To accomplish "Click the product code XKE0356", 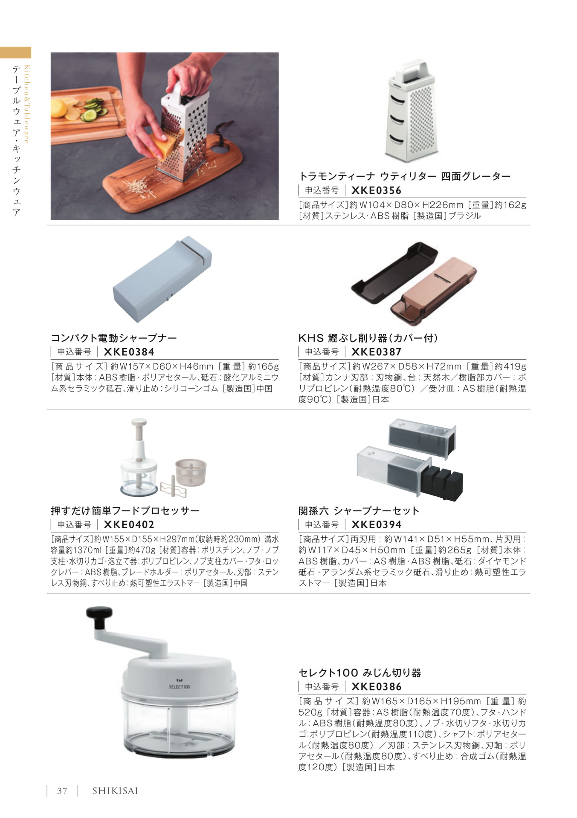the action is [x=376, y=190].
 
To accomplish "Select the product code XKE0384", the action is [x=129, y=352].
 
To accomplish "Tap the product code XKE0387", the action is [x=376, y=352].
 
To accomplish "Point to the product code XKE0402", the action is [x=129, y=524].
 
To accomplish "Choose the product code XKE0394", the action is [x=376, y=524].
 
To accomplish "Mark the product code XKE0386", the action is [x=376, y=686].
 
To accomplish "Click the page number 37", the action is [x=62, y=791].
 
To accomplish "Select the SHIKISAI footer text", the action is [x=115, y=791].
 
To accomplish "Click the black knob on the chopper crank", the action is [x=99, y=616].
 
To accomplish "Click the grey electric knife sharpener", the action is [x=162, y=279].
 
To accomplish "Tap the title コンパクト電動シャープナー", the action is [x=114, y=338].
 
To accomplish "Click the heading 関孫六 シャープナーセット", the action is [x=359, y=510].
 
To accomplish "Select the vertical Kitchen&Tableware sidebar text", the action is [x=26, y=104].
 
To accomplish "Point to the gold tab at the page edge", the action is [x=15, y=52].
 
